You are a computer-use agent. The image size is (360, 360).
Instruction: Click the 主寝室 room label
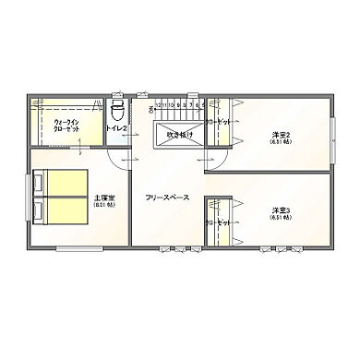103,197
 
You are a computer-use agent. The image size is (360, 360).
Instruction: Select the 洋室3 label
281,210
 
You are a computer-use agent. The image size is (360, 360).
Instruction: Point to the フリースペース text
167,197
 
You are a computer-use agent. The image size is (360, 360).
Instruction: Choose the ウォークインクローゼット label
66,125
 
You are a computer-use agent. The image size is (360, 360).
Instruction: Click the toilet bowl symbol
116,111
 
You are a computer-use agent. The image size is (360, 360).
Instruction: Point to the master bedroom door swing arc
116,157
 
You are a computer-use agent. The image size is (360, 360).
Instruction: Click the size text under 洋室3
281,218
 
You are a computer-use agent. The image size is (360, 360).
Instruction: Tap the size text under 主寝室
103,205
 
